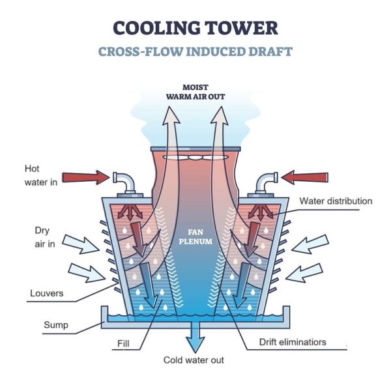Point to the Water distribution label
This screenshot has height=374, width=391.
coord(336,201)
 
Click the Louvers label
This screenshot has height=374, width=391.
coord(46,293)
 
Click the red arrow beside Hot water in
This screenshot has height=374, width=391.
coord(84,177)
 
